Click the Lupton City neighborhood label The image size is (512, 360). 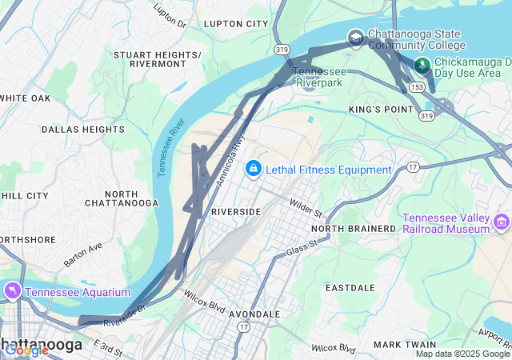[236, 24]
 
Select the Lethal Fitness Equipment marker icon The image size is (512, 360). [254, 169]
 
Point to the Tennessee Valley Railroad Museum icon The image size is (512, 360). [502, 222]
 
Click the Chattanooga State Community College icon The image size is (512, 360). [355, 38]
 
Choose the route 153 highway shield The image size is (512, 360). [417, 86]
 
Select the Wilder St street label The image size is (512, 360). [306, 210]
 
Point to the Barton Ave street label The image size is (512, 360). [84, 255]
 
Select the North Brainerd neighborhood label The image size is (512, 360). [354, 229]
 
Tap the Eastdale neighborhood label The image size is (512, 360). [350, 286]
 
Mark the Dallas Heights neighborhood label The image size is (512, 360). [82, 129]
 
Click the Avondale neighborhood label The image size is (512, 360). [254, 314]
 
